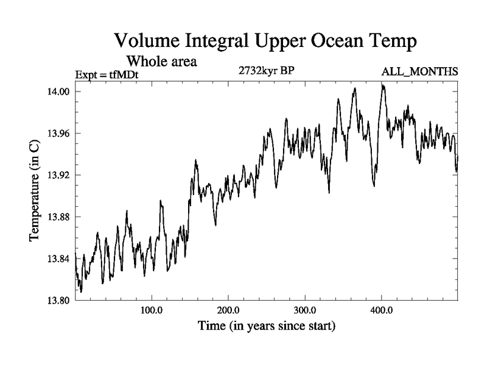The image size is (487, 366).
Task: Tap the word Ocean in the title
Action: (x=328, y=42)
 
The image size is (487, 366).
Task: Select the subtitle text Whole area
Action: (x=161, y=62)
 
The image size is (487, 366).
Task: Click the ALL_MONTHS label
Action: (x=419, y=73)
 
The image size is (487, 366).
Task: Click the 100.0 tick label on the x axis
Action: (x=151, y=310)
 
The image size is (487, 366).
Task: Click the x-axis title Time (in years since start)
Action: (x=267, y=326)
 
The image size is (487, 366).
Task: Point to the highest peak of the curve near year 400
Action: (x=383, y=85)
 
